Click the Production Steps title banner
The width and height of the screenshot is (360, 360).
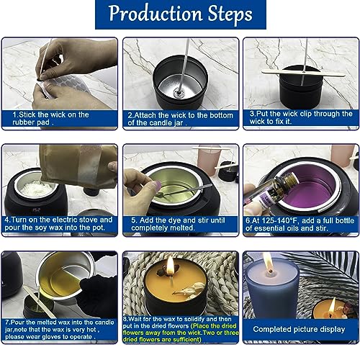(x=179, y=15)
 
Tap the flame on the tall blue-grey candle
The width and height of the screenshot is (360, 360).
(x=268, y=262)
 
